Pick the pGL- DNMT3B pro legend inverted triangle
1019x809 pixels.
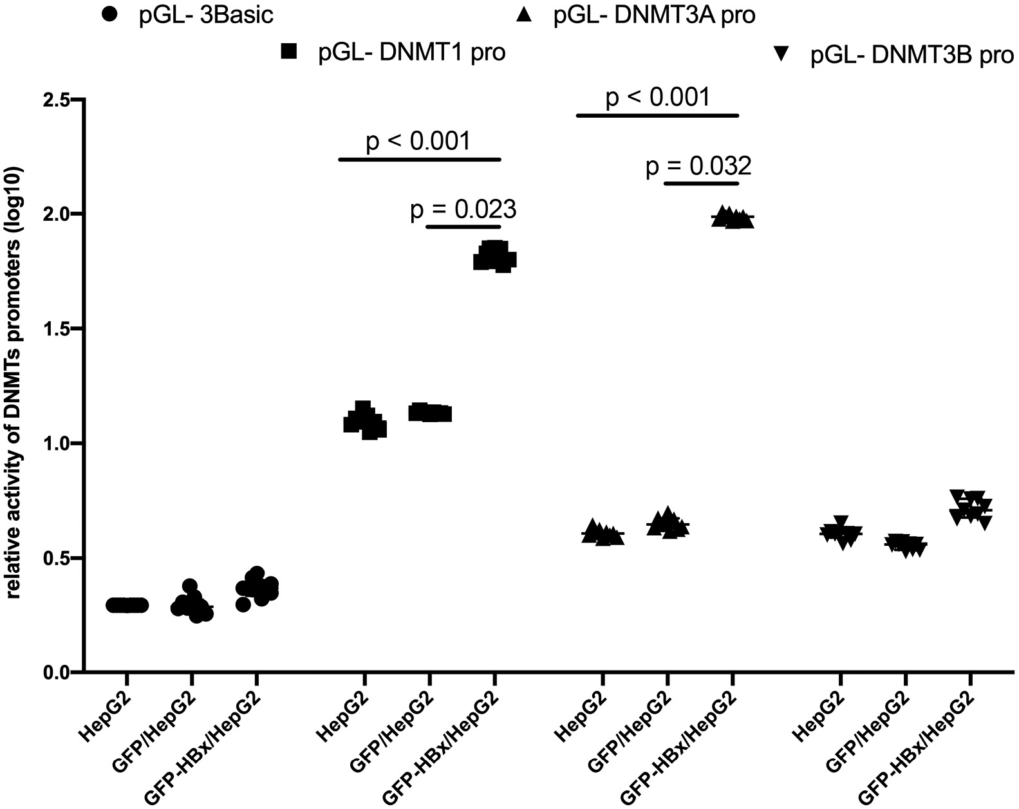click(x=783, y=55)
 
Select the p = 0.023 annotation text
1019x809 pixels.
click(x=463, y=210)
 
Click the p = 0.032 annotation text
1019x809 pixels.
click(x=698, y=167)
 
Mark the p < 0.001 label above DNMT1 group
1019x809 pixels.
click(x=418, y=141)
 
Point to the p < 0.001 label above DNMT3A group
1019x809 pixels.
click(x=658, y=98)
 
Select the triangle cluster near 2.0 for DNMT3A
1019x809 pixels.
click(x=733, y=219)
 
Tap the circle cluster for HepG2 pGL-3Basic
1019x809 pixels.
click(x=127, y=605)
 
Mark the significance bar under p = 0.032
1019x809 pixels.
click(x=702, y=183)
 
